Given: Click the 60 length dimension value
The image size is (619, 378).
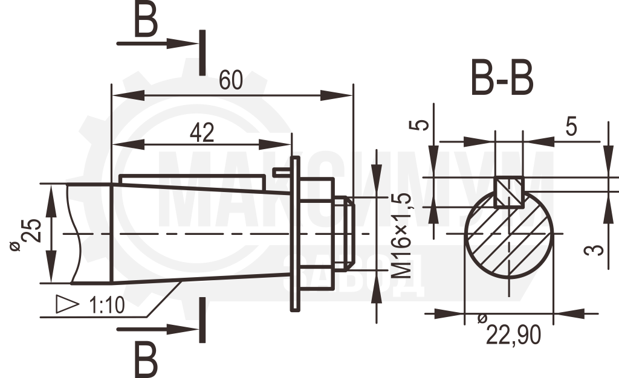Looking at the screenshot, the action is click(231, 80).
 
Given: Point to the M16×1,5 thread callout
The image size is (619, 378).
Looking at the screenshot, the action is click(402, 235).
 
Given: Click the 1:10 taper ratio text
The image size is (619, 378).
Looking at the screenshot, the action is click(107, 305).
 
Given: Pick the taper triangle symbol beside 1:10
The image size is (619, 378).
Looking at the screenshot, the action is click(66, 304).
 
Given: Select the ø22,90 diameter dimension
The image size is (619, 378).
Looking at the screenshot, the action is click(509, 331).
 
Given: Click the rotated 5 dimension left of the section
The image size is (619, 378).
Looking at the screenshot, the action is click(421, 125).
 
